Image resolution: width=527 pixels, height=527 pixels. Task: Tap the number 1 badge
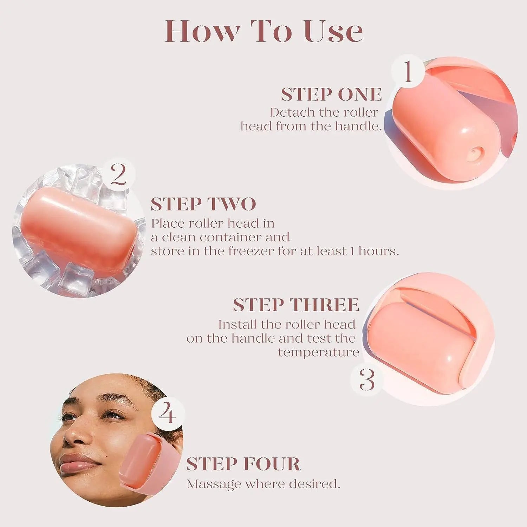pos(408,71)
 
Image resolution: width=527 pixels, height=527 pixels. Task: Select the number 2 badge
pos(118,175)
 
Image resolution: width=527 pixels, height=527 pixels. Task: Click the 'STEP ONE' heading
pos(331,94)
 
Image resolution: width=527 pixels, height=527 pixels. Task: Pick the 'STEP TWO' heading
pos(203,204)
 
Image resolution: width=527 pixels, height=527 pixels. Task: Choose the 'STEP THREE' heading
pos(296,305)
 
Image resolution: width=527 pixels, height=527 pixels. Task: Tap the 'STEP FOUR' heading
pos(243,464)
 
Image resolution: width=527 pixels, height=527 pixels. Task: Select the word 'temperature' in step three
pos(318,352)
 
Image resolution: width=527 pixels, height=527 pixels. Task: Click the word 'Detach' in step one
pos(293,112)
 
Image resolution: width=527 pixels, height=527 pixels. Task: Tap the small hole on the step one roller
pos(475,153)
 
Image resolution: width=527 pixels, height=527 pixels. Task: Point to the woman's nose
pos(76,436)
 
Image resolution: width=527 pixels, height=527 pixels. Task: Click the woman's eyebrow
pos(112,401)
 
